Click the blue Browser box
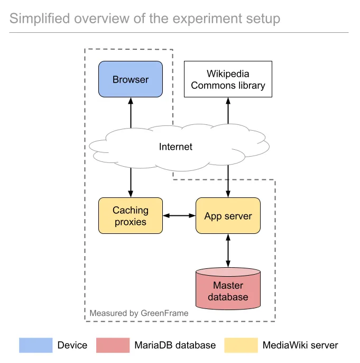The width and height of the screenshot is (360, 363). (131, 79)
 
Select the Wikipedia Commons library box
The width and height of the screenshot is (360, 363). (228, 79)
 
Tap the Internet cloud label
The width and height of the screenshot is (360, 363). (176, 147)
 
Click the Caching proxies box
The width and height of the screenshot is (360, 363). (131, 216)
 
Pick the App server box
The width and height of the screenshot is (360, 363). (228, 216)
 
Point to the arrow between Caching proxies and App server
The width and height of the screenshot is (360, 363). (179, 216)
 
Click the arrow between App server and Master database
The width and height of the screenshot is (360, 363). (228, 250)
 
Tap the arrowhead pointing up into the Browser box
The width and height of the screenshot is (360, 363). (131, 101)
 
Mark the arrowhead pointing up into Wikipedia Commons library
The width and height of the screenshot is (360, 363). (228, 102)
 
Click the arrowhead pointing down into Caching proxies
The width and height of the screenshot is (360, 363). (131, 194)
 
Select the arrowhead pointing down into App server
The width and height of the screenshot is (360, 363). (228, 194)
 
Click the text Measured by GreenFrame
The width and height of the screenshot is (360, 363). (139, 313)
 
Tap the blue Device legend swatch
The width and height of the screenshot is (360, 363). (36, 345)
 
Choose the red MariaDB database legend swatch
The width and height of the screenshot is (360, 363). (113, 345)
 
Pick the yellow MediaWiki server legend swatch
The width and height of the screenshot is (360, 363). (241, 345)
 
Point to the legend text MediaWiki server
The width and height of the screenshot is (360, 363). (300, 345)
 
